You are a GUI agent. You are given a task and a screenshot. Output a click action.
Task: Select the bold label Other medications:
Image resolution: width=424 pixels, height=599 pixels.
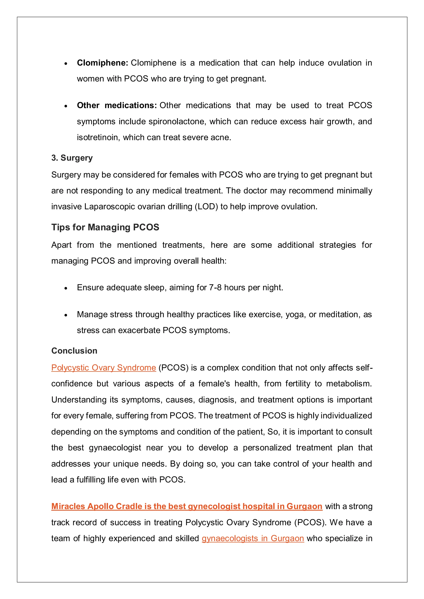[116, 105]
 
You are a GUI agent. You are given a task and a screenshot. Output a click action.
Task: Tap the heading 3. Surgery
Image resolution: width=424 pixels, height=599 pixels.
[72, 158]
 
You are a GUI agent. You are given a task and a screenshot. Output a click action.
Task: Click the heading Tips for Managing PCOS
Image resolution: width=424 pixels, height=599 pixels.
[105, 227]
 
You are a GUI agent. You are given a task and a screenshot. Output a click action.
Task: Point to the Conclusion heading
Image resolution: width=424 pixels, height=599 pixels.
[74, 351]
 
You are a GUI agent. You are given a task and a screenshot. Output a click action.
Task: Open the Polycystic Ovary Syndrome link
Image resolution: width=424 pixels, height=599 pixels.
[104, 368]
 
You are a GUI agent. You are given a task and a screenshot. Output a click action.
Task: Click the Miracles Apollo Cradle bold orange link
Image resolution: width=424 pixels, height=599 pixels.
[187, 506]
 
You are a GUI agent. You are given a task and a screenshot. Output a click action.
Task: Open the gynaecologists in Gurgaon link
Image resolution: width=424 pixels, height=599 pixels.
[253, 538]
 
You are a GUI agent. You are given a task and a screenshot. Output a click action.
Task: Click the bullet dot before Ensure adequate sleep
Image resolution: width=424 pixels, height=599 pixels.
[66, 288]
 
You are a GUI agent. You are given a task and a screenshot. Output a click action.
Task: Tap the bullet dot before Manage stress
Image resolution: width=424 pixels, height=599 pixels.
[66, 315]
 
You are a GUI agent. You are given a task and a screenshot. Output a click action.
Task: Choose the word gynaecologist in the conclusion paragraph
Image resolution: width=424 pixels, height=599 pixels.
[115, 448]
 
